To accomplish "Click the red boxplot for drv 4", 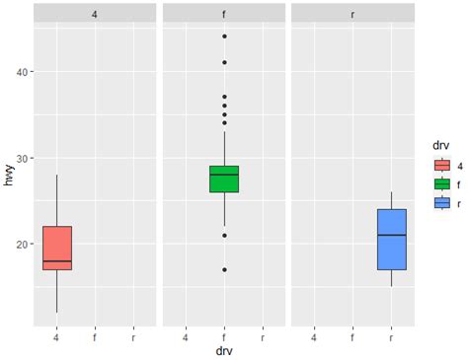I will pyautogui.click(x=57, y=248).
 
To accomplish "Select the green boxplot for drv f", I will pyautogui.click(x=224, y=179).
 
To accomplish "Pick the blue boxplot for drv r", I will pyautogui.click(x=392, y=239).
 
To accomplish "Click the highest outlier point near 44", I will pyautogui.click(x=224, y=36).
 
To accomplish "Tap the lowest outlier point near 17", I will pyautogui.click(x=224, y=269).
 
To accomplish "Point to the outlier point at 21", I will pyautogui.click(x=224, y=235).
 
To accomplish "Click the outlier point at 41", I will pyautogui.click(x=224, y=62).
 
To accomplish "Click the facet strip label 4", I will pyautogui.click(x=95, y=14).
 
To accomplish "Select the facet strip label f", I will pyautogui.click(x=224, y=14).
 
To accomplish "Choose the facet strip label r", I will pyautogui.click(x=353, y=14).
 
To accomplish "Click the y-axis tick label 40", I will pyautogui.click(x=23, y=71).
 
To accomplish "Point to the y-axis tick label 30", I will pyautogui.click(x=23, y=158).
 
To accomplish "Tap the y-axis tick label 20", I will pyautogui.click(x=23, y=244).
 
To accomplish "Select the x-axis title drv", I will pyautogui.click(x=224, y=350).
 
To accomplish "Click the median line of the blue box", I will pyautogui.click(x=392, y=235).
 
